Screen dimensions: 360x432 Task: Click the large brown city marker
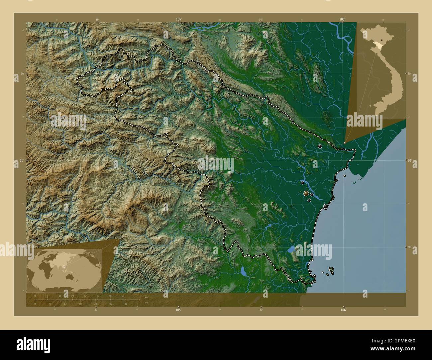coord(306,193)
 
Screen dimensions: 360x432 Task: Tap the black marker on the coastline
coord(325,207)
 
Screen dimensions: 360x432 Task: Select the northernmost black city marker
coord(320,146)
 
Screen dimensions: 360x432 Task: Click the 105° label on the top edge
coord(179,20)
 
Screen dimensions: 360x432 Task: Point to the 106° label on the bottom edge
coord(343,310)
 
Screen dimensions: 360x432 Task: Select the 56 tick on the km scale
coord(123,296)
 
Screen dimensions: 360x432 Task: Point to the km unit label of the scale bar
coord(146,297)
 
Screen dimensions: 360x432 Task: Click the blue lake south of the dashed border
coord(244,272)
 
